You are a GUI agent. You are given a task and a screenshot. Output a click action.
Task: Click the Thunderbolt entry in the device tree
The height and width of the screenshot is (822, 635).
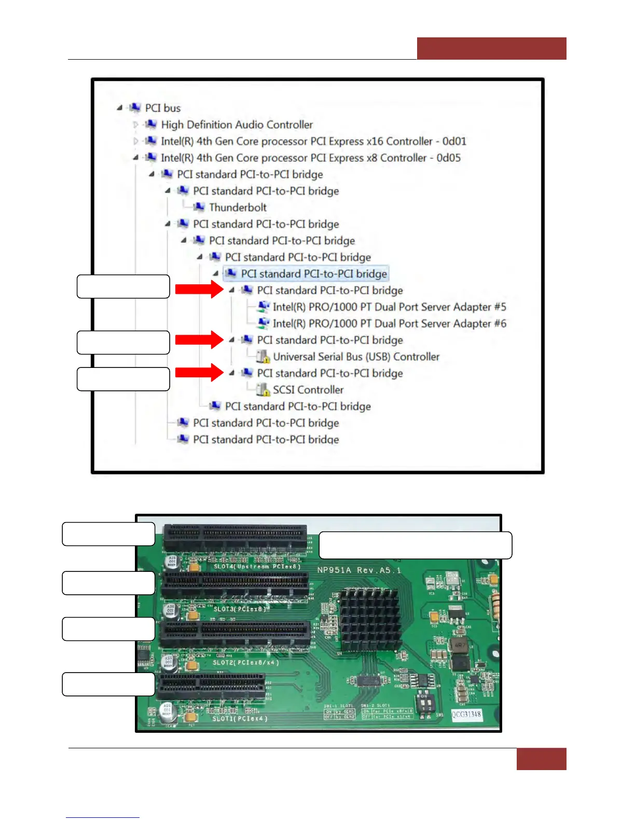tap(237, 208)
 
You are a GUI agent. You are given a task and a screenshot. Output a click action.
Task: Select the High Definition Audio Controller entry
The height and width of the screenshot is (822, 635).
tap(237, 125)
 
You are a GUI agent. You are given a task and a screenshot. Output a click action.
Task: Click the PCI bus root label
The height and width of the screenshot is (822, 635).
tap(162, 108)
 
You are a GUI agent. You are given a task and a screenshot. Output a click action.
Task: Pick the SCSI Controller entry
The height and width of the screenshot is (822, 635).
tap(308, 390)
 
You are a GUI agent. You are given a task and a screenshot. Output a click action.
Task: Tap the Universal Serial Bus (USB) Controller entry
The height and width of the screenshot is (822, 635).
tap(356, 357)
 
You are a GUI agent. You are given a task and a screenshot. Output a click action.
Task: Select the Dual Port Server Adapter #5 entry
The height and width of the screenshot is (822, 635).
tap(389, 307)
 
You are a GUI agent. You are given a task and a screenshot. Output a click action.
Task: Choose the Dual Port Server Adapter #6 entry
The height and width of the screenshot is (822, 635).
tap(389, 323)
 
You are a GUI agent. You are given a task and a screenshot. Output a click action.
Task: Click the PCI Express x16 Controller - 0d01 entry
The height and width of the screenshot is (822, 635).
tap(313, 141)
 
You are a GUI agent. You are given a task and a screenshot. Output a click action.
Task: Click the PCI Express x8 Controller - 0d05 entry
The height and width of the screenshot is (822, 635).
tap(310, 158)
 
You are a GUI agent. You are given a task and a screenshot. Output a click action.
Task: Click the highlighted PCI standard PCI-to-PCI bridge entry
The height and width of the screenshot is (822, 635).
tap(313, 273)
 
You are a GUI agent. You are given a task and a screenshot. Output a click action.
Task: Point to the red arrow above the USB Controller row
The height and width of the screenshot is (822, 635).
tap(199, 340)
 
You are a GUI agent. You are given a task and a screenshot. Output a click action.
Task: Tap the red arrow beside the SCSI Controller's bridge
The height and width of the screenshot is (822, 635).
tap(199, 373)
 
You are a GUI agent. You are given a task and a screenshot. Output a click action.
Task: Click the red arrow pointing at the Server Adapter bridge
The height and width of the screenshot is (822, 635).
tap(199, 289)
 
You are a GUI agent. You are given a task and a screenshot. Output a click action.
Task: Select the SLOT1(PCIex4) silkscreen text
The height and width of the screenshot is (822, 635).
tap(240, 719)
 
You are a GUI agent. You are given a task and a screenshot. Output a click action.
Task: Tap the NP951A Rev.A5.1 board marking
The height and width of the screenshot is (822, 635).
tap(359, 570)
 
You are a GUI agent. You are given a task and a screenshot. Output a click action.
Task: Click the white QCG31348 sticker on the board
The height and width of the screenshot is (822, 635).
tap(466, 715)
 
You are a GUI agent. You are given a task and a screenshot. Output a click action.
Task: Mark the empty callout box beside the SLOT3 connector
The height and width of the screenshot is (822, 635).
tap(108, 583)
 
